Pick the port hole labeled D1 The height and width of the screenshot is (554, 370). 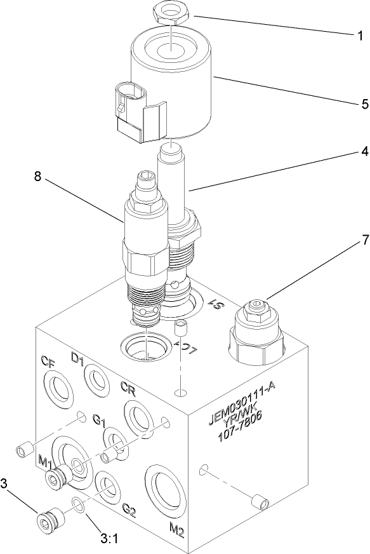(96, 380)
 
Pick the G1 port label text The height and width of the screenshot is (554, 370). (100, 420)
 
